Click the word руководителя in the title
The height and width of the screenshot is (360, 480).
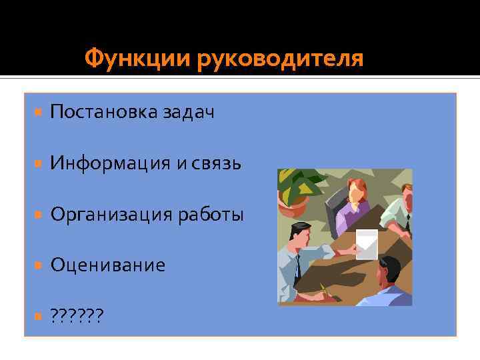coord(280,59)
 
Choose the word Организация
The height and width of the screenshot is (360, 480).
coord(112,214)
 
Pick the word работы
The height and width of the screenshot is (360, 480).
coord(211,214)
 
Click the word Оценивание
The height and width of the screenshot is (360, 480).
coord(107,265)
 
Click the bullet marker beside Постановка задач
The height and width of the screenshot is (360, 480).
coord(38,112)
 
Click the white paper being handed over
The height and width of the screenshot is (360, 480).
coord(366,244)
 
